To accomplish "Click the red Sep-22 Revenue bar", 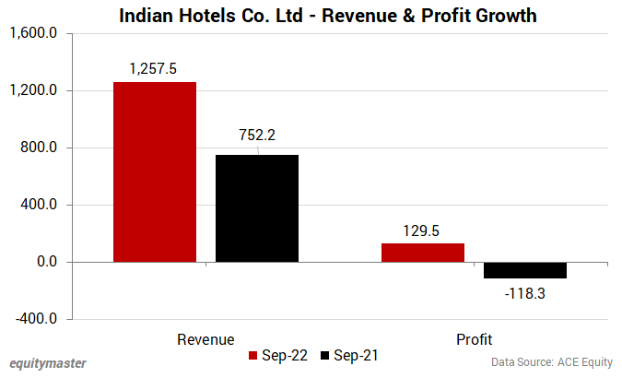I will (154, 172).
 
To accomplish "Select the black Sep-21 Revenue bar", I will (256, 208).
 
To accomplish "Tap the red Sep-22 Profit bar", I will (423, 253).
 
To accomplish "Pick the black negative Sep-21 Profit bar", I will (525, 270).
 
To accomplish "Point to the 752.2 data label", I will (257, 135).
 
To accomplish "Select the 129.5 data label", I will (423, 229).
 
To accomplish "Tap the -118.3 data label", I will (525, 293).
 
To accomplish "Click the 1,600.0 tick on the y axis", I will (33, 33).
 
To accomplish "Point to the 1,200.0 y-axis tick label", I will (33, 90).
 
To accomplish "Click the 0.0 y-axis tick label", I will (44, 262).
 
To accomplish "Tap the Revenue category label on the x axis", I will (205, 339).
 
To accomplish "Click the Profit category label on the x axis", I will (475, 339).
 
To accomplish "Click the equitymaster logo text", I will (47, 362).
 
